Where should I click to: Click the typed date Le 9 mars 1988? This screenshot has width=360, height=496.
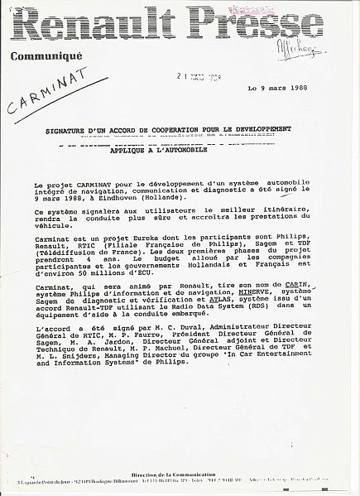point(277,89)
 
